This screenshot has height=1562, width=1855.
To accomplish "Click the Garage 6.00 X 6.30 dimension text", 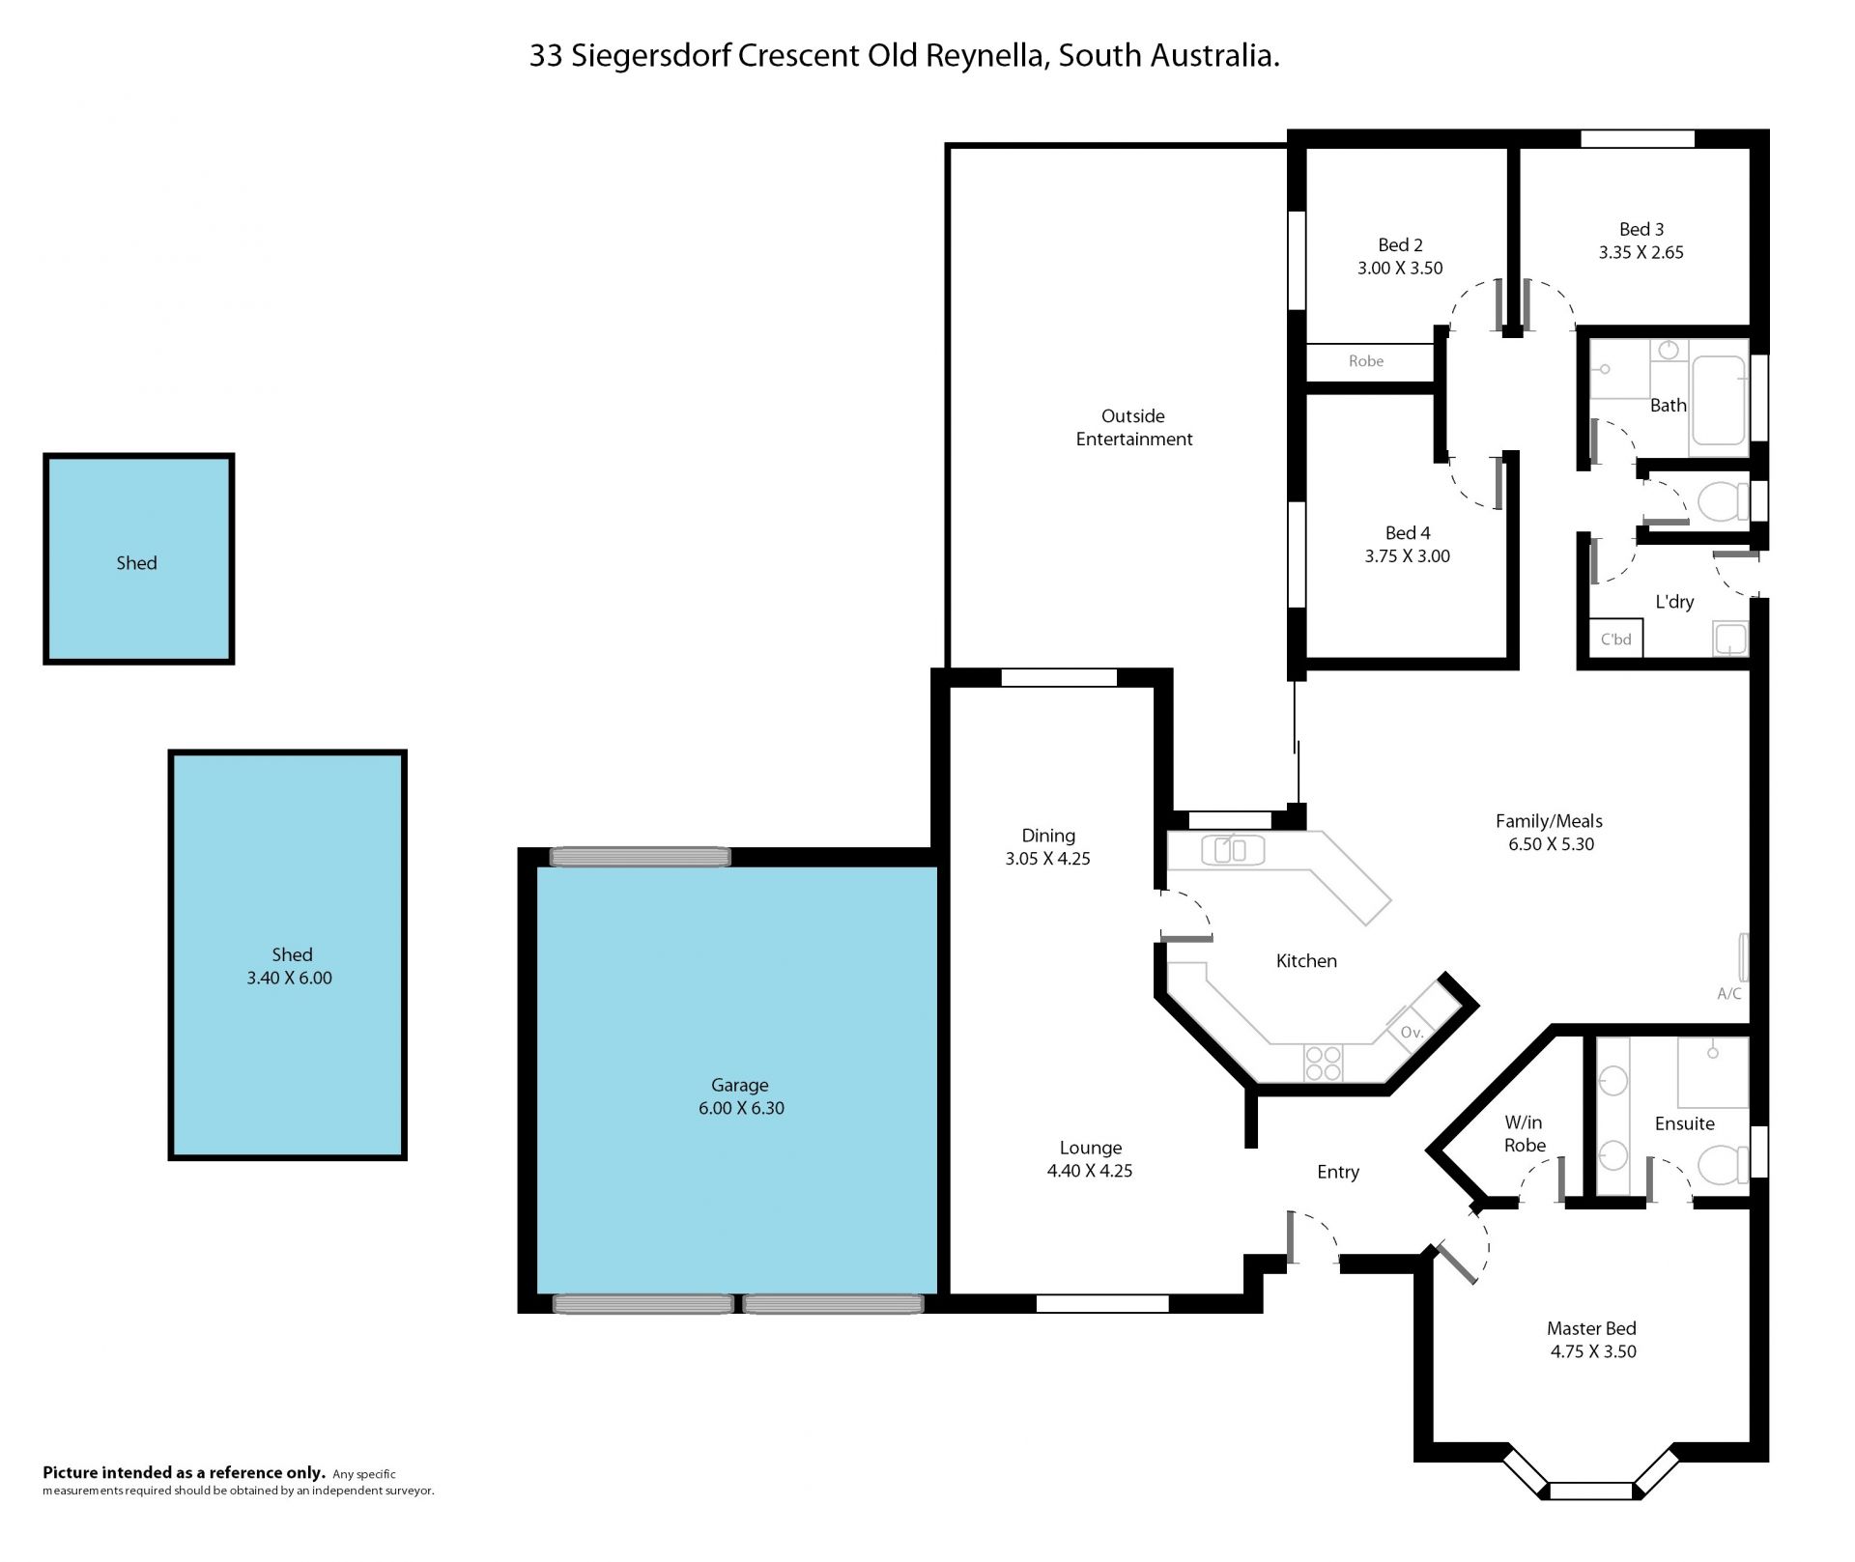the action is click(741, 1108).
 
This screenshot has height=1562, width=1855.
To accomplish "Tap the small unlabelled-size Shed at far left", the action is click(138, 559).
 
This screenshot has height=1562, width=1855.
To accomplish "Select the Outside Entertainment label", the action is click(1134, 427).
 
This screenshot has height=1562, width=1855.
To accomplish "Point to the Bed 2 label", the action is click(1400, 244).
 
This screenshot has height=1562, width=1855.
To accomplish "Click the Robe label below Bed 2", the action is click(1366, 361).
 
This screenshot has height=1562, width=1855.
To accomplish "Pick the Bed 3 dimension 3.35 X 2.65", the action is click(1641, 252).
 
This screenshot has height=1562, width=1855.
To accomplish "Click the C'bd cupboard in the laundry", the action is click(1616, 639).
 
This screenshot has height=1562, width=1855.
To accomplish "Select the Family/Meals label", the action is click(1549, 821).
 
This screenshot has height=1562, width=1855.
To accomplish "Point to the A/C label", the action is click(1729, 993).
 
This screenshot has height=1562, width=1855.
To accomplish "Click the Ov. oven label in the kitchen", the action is click(1412, 1033).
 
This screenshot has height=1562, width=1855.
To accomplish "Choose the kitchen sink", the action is click(1233, 850).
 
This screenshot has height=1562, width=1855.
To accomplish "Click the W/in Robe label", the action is click(1525, 1134).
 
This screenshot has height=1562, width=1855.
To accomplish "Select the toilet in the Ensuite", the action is click(1723, 1164).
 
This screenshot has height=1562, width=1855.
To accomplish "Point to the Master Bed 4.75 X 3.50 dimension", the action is click(1593, 1351).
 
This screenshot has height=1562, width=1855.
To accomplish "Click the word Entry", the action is click(1338, 1172).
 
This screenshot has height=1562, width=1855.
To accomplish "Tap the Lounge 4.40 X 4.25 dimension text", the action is click(1090, 1171).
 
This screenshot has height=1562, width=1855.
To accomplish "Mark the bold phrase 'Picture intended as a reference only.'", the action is click(184, 1473).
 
